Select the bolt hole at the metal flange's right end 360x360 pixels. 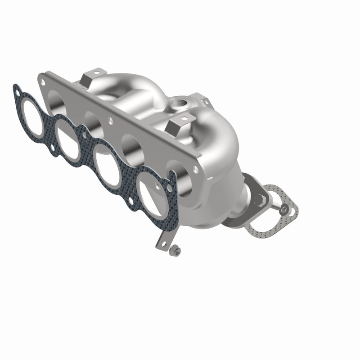pos(196,170)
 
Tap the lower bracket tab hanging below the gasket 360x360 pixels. pos(161,243)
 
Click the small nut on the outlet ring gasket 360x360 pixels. pos(283,209)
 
